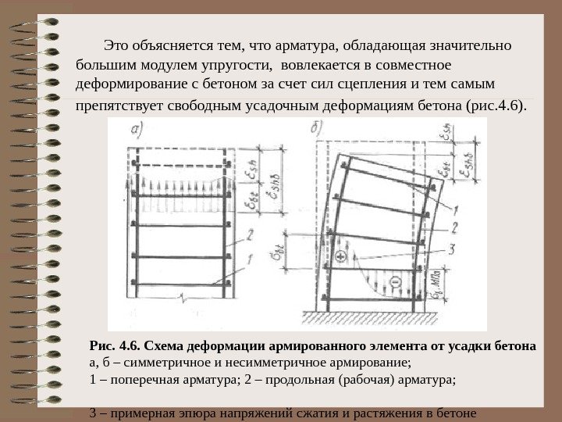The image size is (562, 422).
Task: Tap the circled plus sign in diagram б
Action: coord(340,256)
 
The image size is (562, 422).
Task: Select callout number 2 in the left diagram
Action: coord(249,233)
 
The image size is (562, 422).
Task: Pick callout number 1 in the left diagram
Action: coord(249,259)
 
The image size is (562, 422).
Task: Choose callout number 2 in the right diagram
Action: coord(454,228)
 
